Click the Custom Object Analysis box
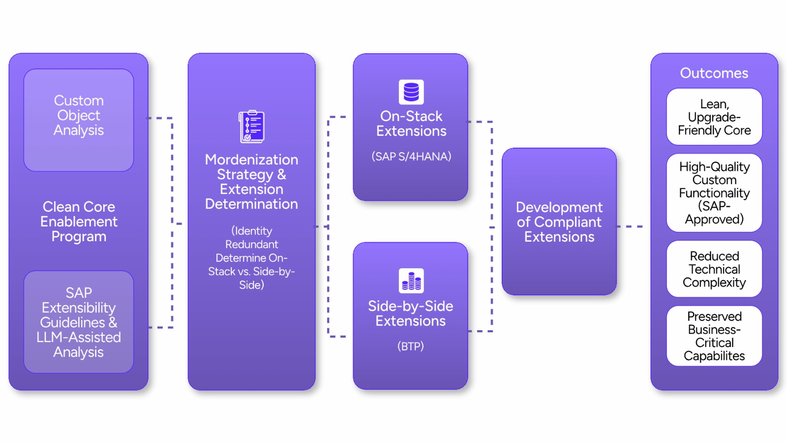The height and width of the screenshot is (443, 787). pos(79,120)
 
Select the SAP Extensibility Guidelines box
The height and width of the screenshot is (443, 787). pos(79,322)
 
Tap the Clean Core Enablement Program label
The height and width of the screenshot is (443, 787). pos(79,221)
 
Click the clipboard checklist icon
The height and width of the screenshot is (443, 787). pos(251,127)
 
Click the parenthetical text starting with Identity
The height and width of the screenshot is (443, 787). pos(251,257)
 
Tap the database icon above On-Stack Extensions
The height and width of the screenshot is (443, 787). pos(411,92)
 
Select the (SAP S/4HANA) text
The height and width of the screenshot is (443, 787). pos(411,157)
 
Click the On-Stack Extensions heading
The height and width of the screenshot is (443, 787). pos(411,124)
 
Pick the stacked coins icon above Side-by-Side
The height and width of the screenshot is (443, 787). pos(411,281)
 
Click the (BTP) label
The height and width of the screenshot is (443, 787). pos(410,346)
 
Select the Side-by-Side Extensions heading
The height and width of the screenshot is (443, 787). pos(410,314)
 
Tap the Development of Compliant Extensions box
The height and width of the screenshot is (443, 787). pos(559,221)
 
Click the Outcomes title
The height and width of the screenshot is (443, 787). pos(714,73)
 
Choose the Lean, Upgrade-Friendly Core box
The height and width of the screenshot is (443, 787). pos(714,117)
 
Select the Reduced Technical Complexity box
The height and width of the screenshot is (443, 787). pos(714,269)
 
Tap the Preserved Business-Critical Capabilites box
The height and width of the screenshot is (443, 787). pos(714,336)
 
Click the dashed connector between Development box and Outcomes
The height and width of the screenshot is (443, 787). pos(630,226)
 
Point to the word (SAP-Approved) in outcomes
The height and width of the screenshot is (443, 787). pos(714,213)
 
